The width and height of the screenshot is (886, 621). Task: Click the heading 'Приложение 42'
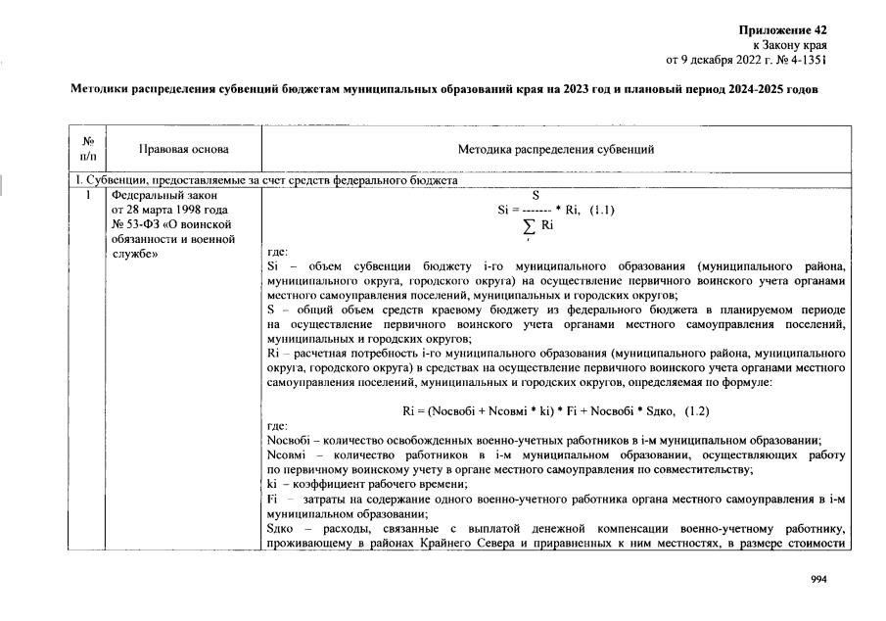tap(787, 31)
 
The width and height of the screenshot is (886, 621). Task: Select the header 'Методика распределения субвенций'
tap(555, 149)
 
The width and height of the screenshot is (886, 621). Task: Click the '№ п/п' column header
tap(88, 149)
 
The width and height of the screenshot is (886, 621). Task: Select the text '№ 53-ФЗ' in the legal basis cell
tap(136, 224)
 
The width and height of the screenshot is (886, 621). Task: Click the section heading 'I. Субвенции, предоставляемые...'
tap(264, 182)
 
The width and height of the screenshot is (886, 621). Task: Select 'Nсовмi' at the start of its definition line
tap(286, 455)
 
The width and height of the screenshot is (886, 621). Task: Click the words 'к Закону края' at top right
tap(789, 45)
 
